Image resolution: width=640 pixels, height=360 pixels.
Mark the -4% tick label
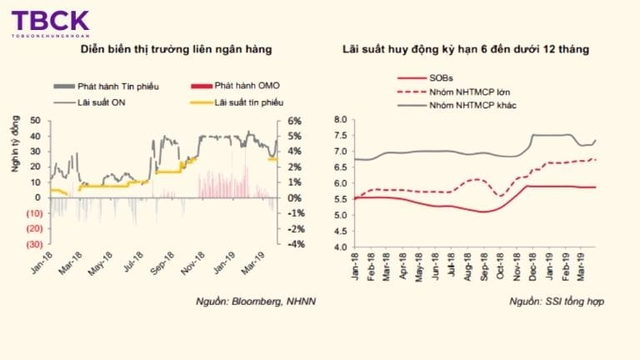[x=294, y=244]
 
